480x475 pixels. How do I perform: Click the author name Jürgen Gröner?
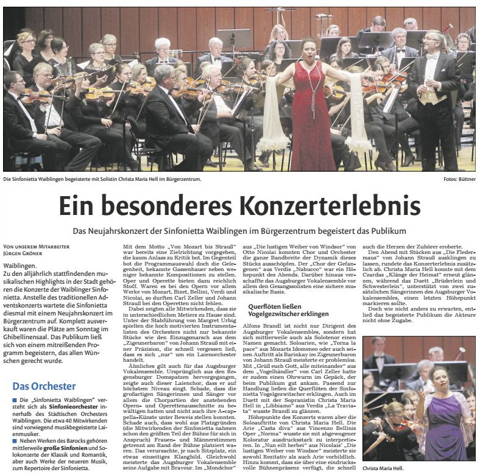tap(26, 253)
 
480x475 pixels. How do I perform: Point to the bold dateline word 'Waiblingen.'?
tap(20, 266)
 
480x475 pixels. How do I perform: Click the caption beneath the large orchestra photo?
tap(102, 179)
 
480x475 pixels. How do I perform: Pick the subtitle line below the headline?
tap(239, 231)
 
